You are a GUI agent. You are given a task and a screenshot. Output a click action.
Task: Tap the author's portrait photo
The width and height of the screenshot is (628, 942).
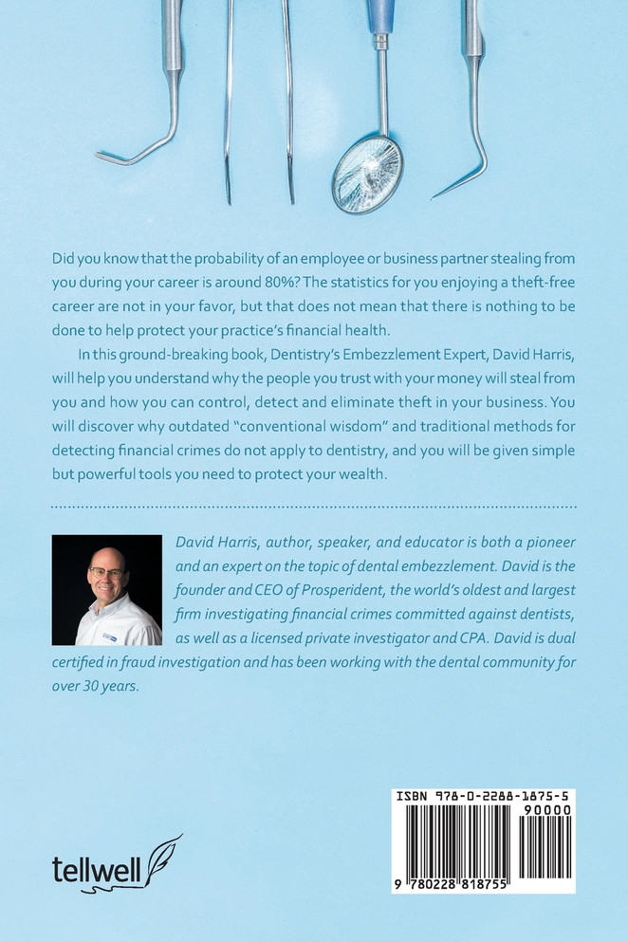point(106,590)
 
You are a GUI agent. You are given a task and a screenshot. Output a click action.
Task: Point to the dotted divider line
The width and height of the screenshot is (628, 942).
point(314,508)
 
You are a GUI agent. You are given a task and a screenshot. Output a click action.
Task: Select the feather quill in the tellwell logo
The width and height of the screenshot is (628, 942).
point(161,851)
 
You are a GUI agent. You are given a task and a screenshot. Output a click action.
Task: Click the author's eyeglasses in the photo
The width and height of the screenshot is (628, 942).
point(107,574)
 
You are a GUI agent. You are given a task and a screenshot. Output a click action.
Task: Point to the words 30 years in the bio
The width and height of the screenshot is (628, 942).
point(110,682)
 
